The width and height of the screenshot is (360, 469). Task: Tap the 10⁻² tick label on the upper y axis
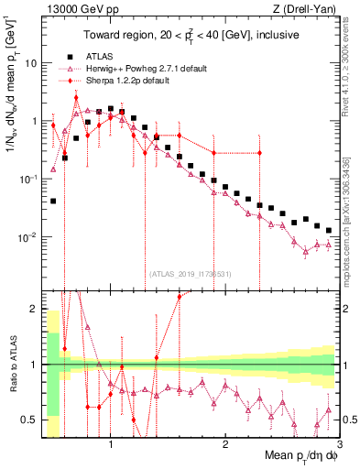[x=27, y=237]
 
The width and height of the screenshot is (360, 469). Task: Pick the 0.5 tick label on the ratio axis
[x=27, y=420]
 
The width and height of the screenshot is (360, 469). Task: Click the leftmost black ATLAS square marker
[x=54, y=201]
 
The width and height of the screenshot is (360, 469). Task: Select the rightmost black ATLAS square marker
[x=329, y=229]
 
